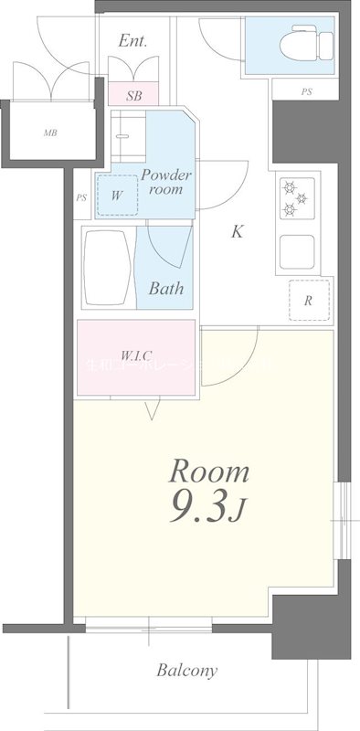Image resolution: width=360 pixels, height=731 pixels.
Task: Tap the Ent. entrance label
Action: [x=133, y=41]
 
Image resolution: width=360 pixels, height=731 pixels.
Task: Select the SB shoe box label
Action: [x=134, y=94]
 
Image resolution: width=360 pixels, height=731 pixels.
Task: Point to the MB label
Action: [x=49, y=132]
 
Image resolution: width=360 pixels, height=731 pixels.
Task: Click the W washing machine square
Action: [x=117, y=195]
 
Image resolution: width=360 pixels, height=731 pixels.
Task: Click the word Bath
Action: [x=166, y=289]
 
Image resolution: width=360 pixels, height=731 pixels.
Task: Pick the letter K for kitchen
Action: [x=237, y=231]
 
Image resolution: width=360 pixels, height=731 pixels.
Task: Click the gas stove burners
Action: [x=298, y=199]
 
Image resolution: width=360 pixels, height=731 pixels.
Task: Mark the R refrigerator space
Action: [x=310, y=300]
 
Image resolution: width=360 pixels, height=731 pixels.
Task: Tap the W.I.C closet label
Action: [x=136, y=355]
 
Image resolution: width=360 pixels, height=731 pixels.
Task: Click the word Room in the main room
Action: [x=209, y=472]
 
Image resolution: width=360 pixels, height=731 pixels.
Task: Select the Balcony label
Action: [x=186, y=671]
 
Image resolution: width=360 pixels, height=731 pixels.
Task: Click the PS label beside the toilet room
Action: [x=304, y=91]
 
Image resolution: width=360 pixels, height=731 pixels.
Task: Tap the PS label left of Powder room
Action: [x=81, y=197]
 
